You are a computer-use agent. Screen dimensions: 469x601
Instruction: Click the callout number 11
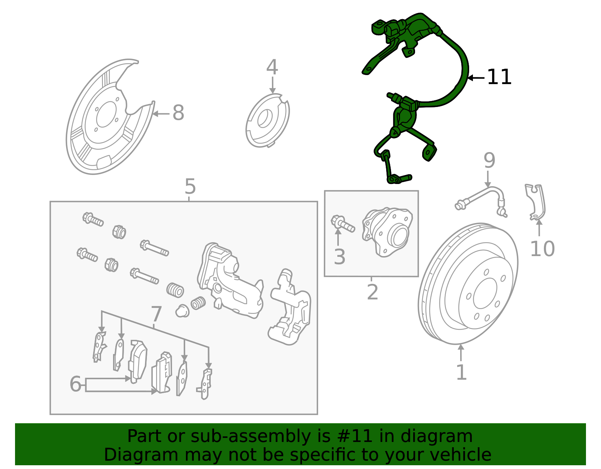click(x=499, y=77)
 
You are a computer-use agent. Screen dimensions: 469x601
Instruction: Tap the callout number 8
click(x=178, y=113)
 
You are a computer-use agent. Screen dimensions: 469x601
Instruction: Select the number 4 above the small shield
click(x=272, y=68)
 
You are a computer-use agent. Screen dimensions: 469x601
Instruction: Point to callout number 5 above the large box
click(x=190, y=187)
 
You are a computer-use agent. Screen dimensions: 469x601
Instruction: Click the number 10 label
click(x=542, y=249)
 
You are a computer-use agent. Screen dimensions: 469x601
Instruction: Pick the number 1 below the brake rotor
click(x=461, y=372)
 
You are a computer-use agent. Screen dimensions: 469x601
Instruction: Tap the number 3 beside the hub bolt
click(x=339, y=257)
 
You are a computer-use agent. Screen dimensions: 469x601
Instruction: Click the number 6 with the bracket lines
click(x=75, y=384)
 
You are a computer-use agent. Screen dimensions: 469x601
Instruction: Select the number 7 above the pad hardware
click(x=156, y=314)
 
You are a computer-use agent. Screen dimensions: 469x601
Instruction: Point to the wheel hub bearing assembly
click(x=388, y=232)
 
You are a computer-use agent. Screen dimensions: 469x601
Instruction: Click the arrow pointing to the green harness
click(x=476, y=78)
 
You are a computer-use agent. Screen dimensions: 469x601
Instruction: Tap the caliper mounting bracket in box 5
click(x=289, y=308)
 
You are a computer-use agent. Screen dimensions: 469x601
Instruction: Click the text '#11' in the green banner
click(x=355, y=436)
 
